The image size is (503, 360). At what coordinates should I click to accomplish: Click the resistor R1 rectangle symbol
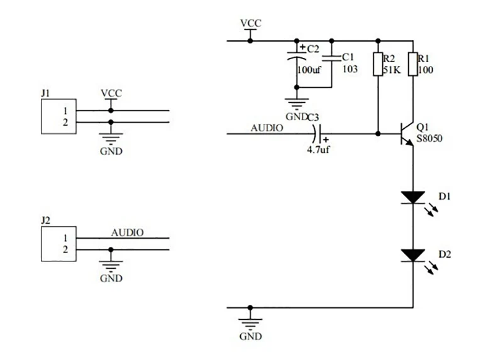[x=412, y=64]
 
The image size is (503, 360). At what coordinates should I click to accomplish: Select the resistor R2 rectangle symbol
[x=378, y=64]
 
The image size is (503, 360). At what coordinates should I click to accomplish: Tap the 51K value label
[x=392, y=70]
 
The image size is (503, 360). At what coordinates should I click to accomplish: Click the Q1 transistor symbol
[x=406, y=133]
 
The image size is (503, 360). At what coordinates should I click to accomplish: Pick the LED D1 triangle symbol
[x=412, y=197]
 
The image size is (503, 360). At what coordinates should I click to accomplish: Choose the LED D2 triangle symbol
[x=412, y=255]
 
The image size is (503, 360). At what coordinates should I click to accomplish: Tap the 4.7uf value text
[x=318, y=150]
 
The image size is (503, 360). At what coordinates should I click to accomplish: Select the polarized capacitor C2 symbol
[x=296, y=57]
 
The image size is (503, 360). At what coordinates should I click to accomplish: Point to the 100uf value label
[x=309, y=69]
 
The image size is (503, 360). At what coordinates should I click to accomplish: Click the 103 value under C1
[x=350, y=69]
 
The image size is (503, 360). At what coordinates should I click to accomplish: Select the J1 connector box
[x=58, y=116]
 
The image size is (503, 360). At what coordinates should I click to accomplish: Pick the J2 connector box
[x=58, y=244]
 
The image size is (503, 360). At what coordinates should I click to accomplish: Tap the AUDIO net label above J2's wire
[x=127, y=232]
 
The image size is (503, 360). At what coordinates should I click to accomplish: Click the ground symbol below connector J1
[x=111, y=140]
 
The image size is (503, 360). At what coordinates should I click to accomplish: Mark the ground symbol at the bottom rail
[x=250, y=323]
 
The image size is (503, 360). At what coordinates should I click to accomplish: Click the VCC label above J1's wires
[x=111, y=93]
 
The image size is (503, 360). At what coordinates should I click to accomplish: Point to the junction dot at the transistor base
[x=378, y=133]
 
